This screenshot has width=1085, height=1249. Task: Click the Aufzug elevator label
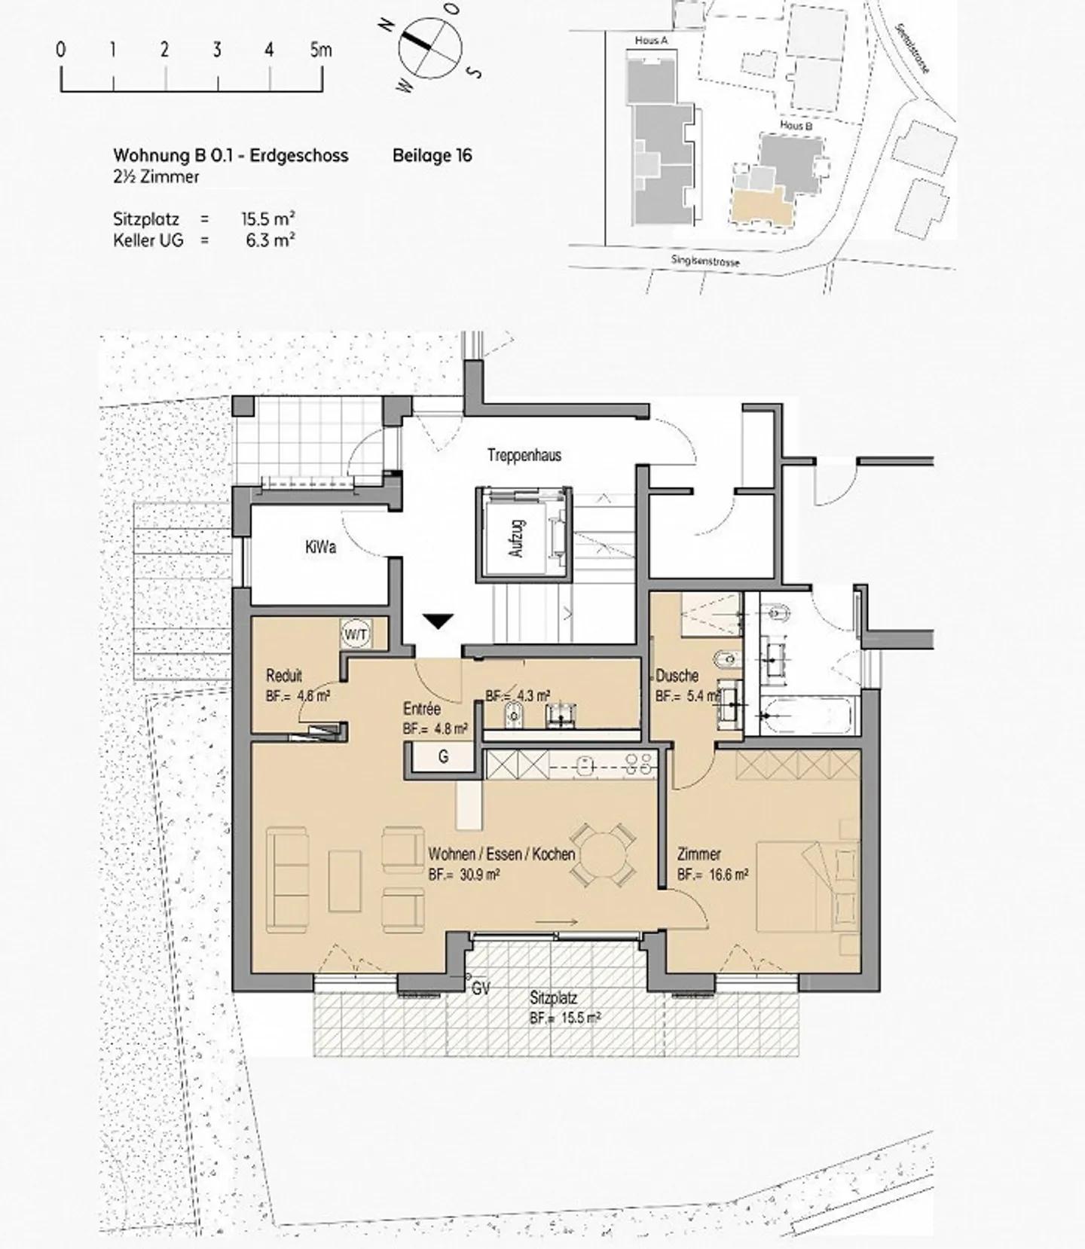(x=517, y=538)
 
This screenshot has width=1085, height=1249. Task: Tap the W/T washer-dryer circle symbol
(x=356, y=634)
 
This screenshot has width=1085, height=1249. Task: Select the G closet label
(x=443, y=756)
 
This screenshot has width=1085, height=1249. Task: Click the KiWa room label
(x=321, y=547)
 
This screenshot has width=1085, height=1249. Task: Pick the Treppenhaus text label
(x=524, y=455)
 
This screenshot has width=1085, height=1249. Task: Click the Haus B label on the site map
(x=796, y=125)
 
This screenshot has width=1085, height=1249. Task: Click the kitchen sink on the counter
(x=584, y=765)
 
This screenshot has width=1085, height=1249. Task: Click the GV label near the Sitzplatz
(x=481, y=988)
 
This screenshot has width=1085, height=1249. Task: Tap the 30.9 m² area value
(x=475, y=875)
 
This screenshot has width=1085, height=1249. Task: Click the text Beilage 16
(x=432, y=155)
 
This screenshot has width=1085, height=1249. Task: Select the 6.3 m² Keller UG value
(x=270, y=240)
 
